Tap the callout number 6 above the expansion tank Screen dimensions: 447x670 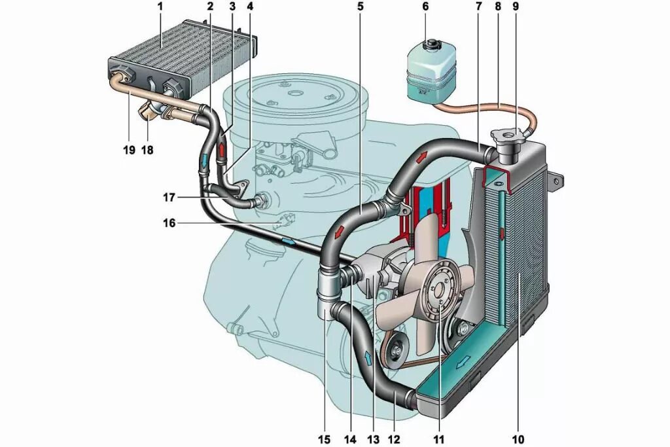425,8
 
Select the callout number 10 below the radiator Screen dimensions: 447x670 519,438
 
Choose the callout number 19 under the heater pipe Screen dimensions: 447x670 128,150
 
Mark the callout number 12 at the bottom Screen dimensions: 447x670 394,438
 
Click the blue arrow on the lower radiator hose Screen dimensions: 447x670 368,357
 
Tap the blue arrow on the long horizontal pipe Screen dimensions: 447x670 287,241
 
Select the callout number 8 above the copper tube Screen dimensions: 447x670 499,8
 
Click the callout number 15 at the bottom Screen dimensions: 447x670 325,438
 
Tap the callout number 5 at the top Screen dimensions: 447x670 360,8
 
